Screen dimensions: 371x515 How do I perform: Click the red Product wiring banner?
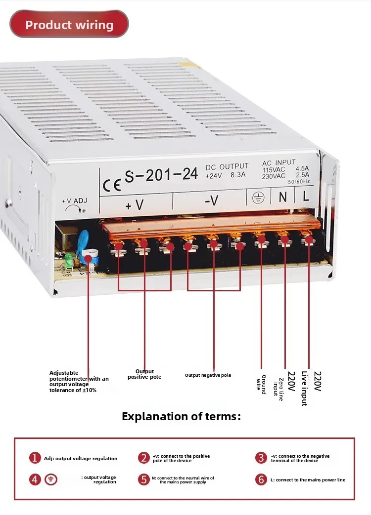[69, 25]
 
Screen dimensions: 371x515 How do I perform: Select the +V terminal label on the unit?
[135, 204]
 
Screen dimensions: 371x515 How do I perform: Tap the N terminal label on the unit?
[282, 197]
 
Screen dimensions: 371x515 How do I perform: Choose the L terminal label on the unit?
[306, 196]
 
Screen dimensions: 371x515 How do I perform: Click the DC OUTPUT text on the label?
[227, 167]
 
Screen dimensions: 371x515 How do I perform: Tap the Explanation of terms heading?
[181, 416]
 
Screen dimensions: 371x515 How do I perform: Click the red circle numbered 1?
[35, 458]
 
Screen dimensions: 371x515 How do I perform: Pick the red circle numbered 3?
[261, 458]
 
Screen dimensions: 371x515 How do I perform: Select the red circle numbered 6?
[261, 479]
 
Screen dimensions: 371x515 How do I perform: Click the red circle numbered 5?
[143, 479]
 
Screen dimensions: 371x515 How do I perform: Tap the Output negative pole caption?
[208, 375]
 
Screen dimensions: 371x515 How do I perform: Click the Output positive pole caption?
[144, 374]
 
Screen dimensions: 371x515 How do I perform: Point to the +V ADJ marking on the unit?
[74, 201]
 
